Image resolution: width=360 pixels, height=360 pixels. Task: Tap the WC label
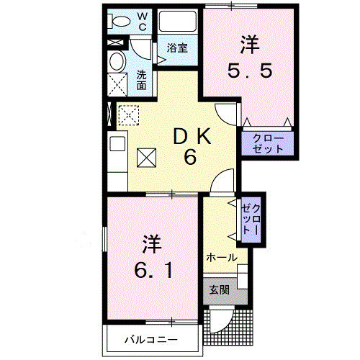click(x=143, y=21)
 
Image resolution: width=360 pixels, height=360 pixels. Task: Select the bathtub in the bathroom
click(x=177, y=22)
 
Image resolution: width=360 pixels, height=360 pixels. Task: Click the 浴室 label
click(x=177, y=49)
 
